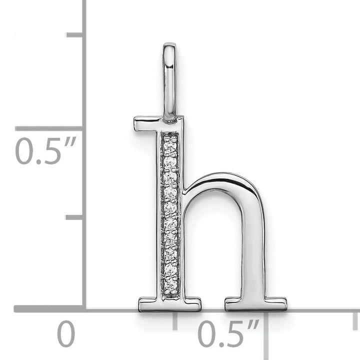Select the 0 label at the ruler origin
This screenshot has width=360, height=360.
click(65, 334)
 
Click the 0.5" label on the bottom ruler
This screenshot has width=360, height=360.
click(228, 334)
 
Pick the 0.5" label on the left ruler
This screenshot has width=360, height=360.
click(45, 150)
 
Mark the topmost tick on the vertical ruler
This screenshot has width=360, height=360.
click(74, 34)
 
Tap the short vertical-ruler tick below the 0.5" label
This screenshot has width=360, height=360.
click(74, 217)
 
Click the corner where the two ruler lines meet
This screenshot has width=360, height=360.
click(83, 308)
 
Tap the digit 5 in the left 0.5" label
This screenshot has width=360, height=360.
click(52, 150)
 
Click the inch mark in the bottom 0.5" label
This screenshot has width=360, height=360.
click(254, 326)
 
